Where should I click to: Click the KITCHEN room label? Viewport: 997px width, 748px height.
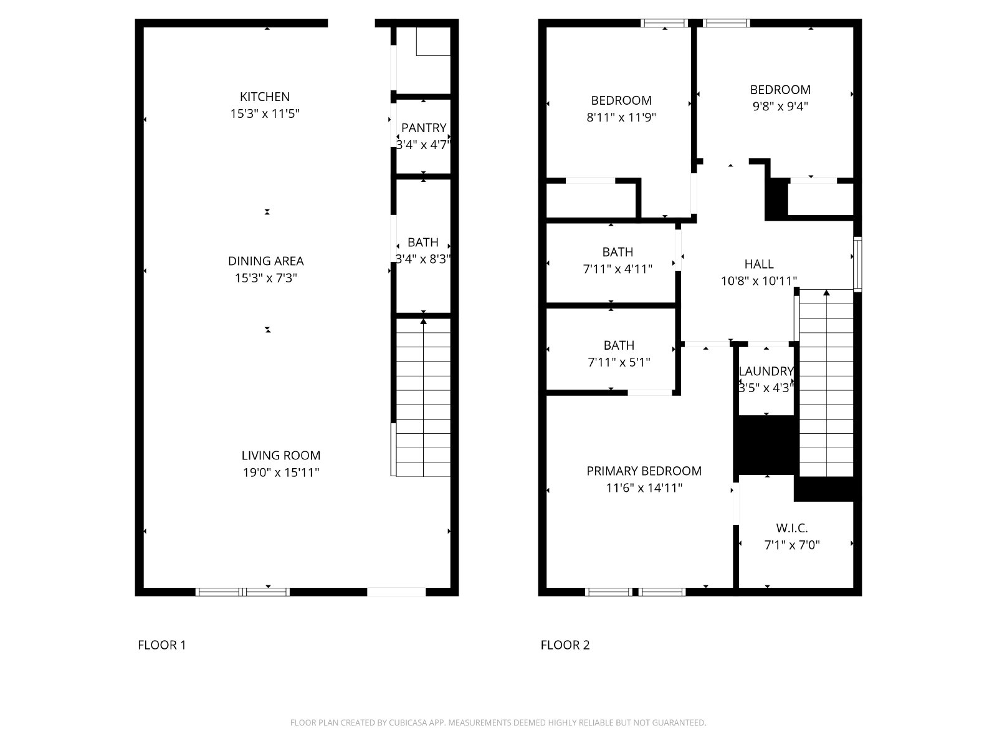(264, 97)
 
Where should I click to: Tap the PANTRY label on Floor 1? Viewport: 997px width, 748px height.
(423, 128)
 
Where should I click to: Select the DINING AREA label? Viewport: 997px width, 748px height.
(265, 261)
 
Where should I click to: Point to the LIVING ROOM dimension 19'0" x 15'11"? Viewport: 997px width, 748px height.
(280, 472)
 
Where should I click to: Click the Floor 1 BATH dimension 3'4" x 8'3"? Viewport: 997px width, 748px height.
(423, 259)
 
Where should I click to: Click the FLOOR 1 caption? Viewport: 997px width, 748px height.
(161, 645)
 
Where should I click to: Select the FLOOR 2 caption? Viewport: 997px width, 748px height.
(565, 645)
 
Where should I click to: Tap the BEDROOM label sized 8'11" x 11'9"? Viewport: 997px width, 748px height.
(621, 100)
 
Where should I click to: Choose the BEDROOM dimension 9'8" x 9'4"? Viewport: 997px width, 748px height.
(780, 106)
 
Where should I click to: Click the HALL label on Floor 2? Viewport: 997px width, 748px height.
(758, 264)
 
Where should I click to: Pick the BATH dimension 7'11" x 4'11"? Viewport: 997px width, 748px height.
(618, 269)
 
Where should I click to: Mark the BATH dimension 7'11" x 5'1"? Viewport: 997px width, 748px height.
(619, 362)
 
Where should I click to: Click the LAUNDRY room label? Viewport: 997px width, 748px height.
(766, 372)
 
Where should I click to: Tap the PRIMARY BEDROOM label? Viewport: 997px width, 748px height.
(644, 471)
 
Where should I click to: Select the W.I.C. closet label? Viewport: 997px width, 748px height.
(792, 528)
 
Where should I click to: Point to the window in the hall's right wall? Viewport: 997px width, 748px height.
(857, 264)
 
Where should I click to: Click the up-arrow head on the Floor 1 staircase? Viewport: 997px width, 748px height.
(423, 322)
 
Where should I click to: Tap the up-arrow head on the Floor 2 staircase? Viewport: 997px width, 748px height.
(826, 292)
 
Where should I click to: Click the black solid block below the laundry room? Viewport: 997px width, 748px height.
(766, 445)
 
